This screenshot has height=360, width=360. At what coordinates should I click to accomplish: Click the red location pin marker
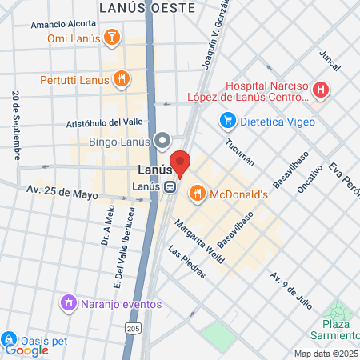[x=181, y=162]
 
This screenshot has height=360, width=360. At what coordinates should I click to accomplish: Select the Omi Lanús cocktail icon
[x=114, y=38]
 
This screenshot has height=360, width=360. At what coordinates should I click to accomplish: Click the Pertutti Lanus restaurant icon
[x=121, y=78]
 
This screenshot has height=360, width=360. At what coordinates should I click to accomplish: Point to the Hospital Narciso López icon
[x=320, y=90]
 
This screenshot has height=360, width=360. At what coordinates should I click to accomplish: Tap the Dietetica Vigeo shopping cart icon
[x=228, y=121]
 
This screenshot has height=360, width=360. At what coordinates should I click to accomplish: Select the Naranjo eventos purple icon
[x=69, y=303]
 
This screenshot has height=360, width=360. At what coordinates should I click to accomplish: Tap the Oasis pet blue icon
[x=10, y=339]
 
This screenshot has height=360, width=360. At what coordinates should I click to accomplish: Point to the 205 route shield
[x=132, y=330]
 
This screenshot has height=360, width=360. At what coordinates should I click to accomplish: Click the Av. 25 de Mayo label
[x=62, y=192]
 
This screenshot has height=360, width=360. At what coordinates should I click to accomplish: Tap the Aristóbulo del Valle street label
[x=104, y=122]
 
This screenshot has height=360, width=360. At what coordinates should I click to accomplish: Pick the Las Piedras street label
[x=188, y=261]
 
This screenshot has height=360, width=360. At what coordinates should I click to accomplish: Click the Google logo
[x=26, y=350]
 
